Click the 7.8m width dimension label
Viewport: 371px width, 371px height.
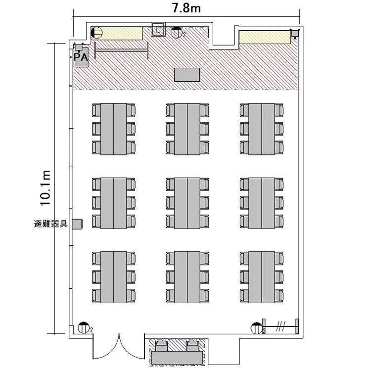click(x=186, y=8)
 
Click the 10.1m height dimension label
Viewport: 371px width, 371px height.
click(x=45, y=188)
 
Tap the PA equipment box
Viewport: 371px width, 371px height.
click(x=81, y=57)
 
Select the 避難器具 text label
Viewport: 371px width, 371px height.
click(x=51, y=224)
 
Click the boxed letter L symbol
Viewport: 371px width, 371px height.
click(x=158, y=30)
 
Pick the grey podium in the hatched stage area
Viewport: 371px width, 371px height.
click(x=187, y=75)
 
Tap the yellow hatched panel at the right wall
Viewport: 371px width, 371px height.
click(x=265, y=38)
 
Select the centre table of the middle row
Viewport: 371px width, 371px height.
click(x=187, y=203)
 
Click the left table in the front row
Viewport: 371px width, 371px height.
click(x=114, y=129)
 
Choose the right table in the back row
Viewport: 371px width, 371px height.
click(x=262, y=278)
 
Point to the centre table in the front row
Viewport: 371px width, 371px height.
click(x=187, y=129)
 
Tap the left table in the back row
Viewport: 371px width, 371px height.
click(x=114, y=278)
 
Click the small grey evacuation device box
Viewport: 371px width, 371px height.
click(x=78, y=224)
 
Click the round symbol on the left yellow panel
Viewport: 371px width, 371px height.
click(x=96, y=33)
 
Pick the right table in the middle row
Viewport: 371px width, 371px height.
click(x=262, y=203)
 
